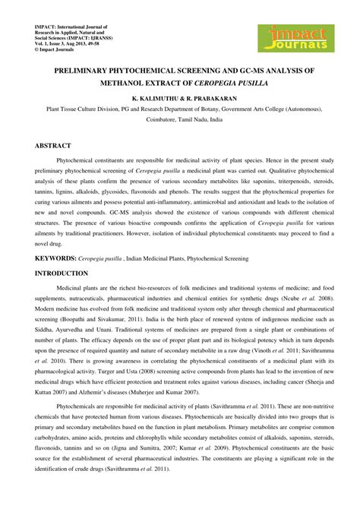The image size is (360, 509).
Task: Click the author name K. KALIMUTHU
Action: (156, 99)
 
